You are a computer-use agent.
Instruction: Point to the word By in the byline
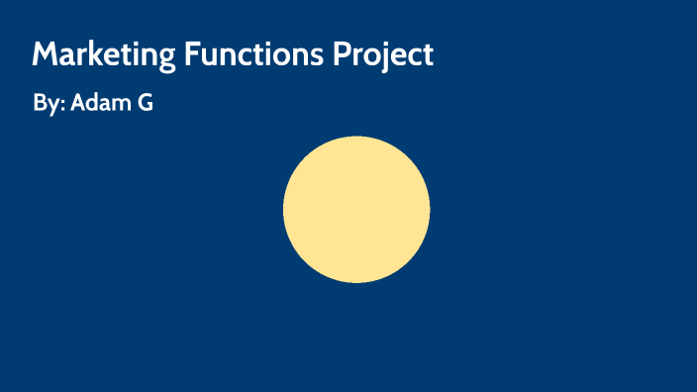tap(45, 103)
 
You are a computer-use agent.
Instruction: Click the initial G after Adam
tap(145, 102)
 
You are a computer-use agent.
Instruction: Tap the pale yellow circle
tap(356, 210)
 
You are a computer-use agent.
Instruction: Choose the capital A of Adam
tap(78, 102)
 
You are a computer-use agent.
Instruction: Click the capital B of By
tap(39, 102)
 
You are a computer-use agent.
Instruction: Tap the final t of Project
tap(428, 55)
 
